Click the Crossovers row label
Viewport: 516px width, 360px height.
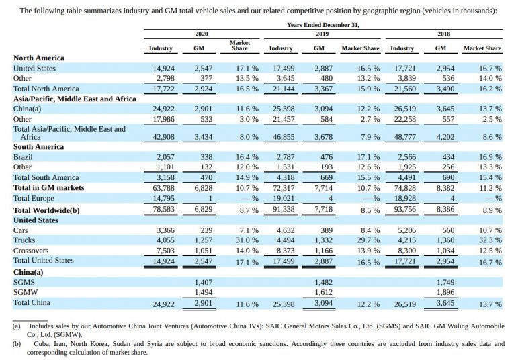31,251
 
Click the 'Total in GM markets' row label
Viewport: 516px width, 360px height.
48,188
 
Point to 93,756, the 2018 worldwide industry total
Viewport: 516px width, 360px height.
404,210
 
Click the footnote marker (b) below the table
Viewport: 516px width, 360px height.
16,344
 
